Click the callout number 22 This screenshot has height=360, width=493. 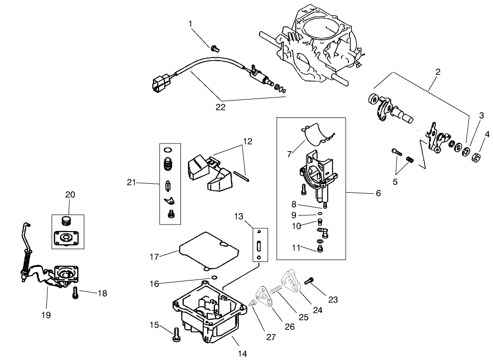pos(220,107)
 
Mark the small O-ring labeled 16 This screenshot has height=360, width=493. pos(214,278)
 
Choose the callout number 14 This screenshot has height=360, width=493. pos(243,353)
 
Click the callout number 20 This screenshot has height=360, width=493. pos(70,195)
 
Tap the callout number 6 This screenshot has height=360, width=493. pos(378,193)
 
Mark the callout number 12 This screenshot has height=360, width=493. pos(248,141)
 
